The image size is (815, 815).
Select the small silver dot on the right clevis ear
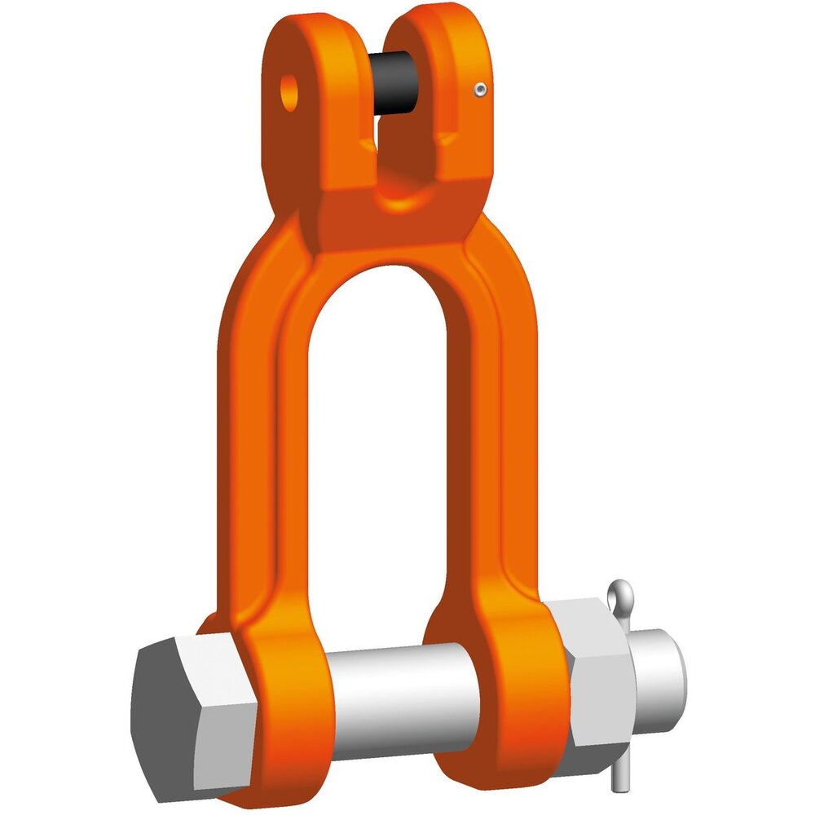(481, 90)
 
